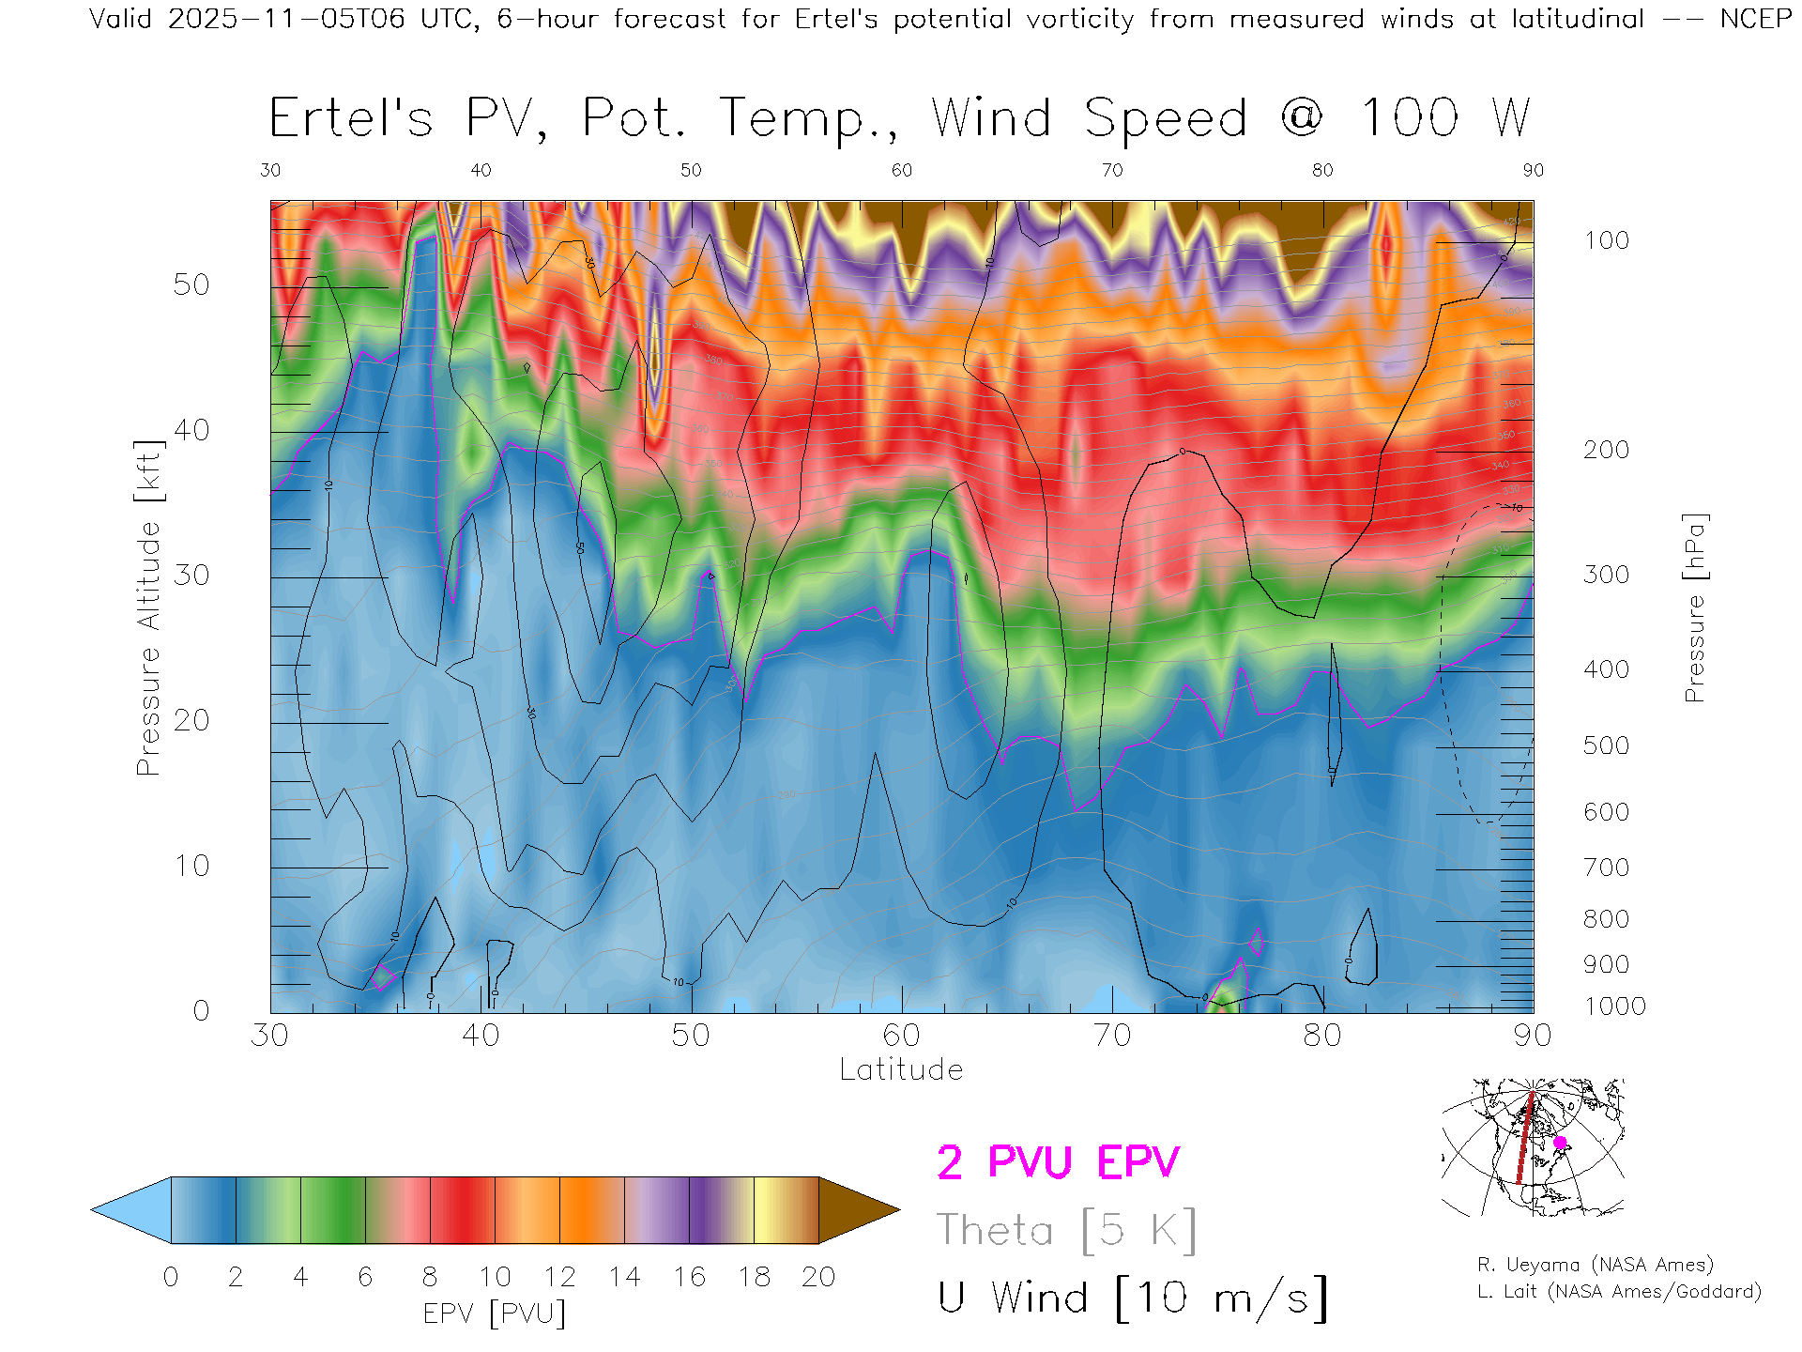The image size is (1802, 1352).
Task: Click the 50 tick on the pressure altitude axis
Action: coord(191,285)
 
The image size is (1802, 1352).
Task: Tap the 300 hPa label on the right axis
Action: coord(1606,575)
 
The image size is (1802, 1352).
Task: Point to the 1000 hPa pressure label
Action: coord(1614,1006)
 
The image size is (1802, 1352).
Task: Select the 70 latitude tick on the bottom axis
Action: coord(1112,1036)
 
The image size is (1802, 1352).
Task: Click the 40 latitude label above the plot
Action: coord(481,170)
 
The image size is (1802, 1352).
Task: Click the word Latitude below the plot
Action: coord(901,1069)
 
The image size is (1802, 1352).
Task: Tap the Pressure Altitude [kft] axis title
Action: coord(148,607)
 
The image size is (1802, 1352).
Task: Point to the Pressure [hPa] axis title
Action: coord(1694,607)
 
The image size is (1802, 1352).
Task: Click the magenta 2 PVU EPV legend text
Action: coord(1058,1162)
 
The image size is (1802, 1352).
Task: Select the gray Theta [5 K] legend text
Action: coord(1066,1230)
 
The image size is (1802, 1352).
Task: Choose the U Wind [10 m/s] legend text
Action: coord(1132,1298)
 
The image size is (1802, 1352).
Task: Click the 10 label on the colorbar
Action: coord(495,1277)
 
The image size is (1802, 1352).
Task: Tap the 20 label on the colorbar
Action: coord(818,1277)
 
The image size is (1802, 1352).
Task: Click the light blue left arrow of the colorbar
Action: coord(132,1210)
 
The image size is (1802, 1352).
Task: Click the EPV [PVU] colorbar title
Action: coord(495,1314)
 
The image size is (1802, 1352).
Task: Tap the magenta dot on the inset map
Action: coord(1560,1143)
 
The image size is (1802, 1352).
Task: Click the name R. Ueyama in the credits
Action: coord(1518,1265)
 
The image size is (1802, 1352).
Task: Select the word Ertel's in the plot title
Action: coord(351,119)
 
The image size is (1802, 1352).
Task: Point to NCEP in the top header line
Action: coord(1755,19)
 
